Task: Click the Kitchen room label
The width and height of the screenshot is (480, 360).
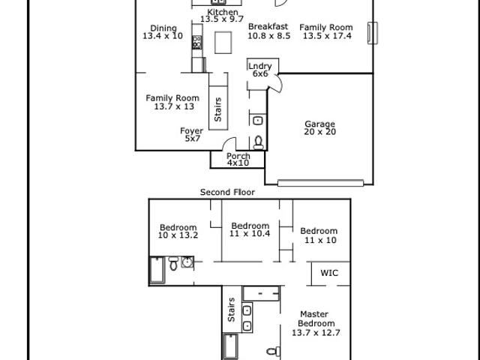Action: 223,12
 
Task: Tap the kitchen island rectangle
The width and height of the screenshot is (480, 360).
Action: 223,43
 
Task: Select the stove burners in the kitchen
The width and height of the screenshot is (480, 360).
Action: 196,42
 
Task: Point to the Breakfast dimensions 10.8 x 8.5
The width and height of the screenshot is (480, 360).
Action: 268,36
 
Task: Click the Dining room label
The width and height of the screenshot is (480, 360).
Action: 163,28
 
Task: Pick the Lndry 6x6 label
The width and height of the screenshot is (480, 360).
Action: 260,70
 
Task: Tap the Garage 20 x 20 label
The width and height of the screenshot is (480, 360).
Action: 320,128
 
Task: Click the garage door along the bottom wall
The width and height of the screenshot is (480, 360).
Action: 320,183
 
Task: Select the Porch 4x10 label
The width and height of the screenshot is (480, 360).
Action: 238,160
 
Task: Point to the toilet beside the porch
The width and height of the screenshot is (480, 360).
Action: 259,142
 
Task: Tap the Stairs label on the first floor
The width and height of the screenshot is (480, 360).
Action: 218,109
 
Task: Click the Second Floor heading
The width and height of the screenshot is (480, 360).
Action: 227,192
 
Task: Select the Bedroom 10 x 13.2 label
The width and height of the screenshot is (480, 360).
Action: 178,232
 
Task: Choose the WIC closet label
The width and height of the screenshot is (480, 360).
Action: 329,273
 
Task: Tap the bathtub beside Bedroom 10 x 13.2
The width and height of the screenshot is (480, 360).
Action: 157,270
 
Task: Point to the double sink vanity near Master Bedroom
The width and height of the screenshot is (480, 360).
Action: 247,317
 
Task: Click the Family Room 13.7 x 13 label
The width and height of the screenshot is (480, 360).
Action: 173,102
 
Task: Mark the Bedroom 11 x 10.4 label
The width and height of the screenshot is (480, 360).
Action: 250,229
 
